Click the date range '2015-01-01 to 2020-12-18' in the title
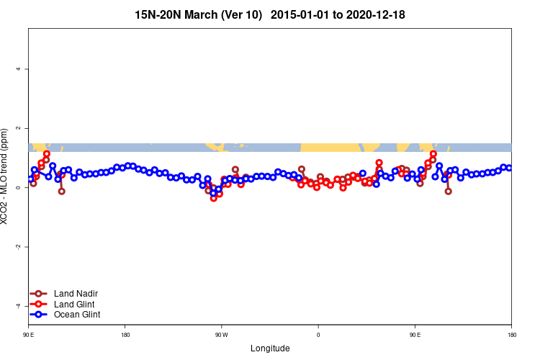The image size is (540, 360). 343,14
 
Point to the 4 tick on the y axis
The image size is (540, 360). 19,69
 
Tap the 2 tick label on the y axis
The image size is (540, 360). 19,128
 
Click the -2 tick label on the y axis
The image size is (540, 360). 19,247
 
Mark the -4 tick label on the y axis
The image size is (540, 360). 19,306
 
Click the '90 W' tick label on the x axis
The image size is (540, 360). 221,335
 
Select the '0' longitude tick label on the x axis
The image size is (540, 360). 318,335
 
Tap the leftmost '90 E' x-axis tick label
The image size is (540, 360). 28,335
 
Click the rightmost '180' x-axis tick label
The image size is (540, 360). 511,335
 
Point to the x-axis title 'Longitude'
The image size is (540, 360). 270,348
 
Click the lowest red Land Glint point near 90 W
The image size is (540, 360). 213,198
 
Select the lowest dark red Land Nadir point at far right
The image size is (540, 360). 448,192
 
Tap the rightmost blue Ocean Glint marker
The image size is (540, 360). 509,168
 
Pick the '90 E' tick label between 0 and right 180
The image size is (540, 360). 415,335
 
